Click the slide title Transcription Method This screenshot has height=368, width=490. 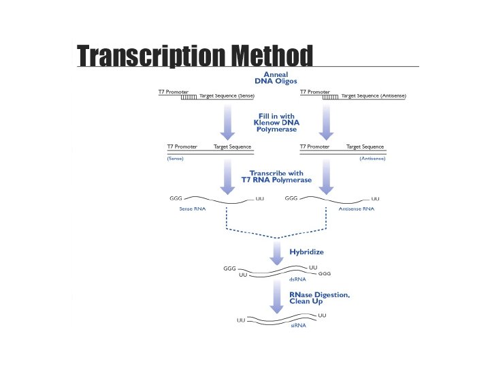pyautogui.click(x=195, y=56)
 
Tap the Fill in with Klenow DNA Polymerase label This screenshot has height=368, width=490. pyautogui.click(x=276, y=122)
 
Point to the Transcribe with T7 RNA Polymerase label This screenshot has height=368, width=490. pyautogui.click(x=280, y=176)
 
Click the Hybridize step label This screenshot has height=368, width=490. pyautogui.click(x=306, y=251)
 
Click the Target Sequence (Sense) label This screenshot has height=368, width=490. pyautogui.click(x=227, y=96)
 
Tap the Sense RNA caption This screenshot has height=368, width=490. pyautogui.click(x=192, y=209)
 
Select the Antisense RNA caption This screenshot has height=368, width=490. pyautogui.click(x=357, y=209)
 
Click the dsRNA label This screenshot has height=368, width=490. pyautogui.click(x=297, y=279)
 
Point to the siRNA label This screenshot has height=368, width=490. pyautogui.click(x=298, y=326)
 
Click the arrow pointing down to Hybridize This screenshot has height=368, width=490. pyautogui.click(x=277, y=253)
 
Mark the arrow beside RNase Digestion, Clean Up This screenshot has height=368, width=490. pyautogui.click(x=277, y=297)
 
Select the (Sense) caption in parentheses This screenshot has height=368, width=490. pyautogui.click(x=175, y=158)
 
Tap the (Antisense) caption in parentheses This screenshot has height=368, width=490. pyautogui.click(x=372, y=158)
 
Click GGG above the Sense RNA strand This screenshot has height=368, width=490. pyautogui.click(x=176, y=198)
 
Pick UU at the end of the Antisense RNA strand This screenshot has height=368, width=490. pyautogui.click(x=376, y=198)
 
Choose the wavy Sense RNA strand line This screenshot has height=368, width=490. pyautogui.click(x=218, y=200)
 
